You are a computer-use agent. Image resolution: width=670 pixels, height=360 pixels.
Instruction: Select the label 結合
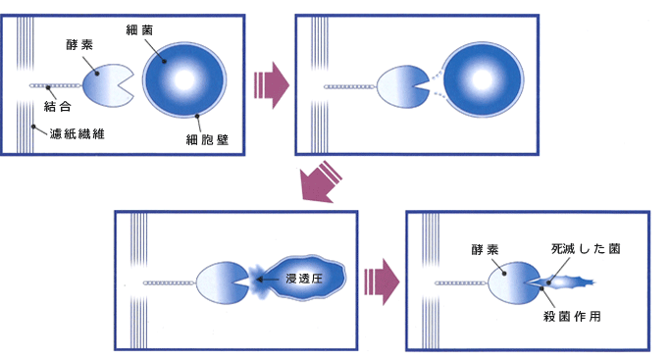click(58, 104)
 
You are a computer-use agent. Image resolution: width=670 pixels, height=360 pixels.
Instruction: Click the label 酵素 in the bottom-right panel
click(487, 249)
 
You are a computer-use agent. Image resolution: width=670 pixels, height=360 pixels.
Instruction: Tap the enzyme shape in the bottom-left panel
click(220, 283)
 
